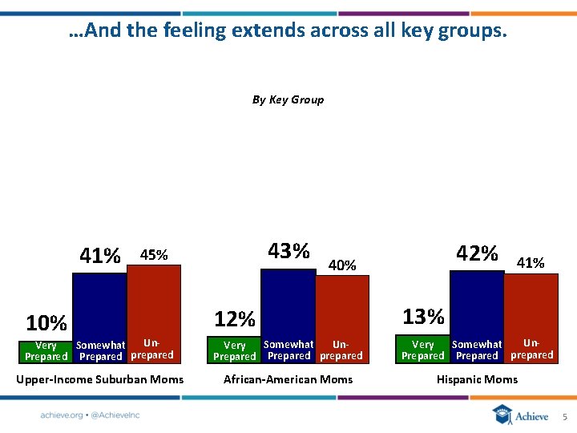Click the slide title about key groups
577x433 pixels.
click(x=288, y=31)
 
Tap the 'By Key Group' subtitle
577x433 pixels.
click(x=288, y=100)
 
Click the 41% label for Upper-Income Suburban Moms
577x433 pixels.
click(x=100, y=256)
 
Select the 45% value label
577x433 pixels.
click(x=154, y=255)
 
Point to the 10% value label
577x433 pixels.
click(x=46, y=323)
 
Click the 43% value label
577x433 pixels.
click(x=288, y=251)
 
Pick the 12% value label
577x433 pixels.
click(x=235, y=320)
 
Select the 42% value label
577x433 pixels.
click(x=477, y=253)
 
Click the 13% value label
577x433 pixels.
click(x=423, y=317)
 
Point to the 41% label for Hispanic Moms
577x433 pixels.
click(x=531, y=262)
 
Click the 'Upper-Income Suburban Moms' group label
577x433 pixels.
click(x=100, y=379)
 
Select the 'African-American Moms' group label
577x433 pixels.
click(x=288, y=379)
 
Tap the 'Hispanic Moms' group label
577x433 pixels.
click(x=477, y=379)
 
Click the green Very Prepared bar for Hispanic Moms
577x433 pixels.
click(x=423, y=350)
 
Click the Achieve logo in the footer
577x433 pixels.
click(x=521, y=415)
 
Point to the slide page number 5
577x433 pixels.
click(x=564, y=417)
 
